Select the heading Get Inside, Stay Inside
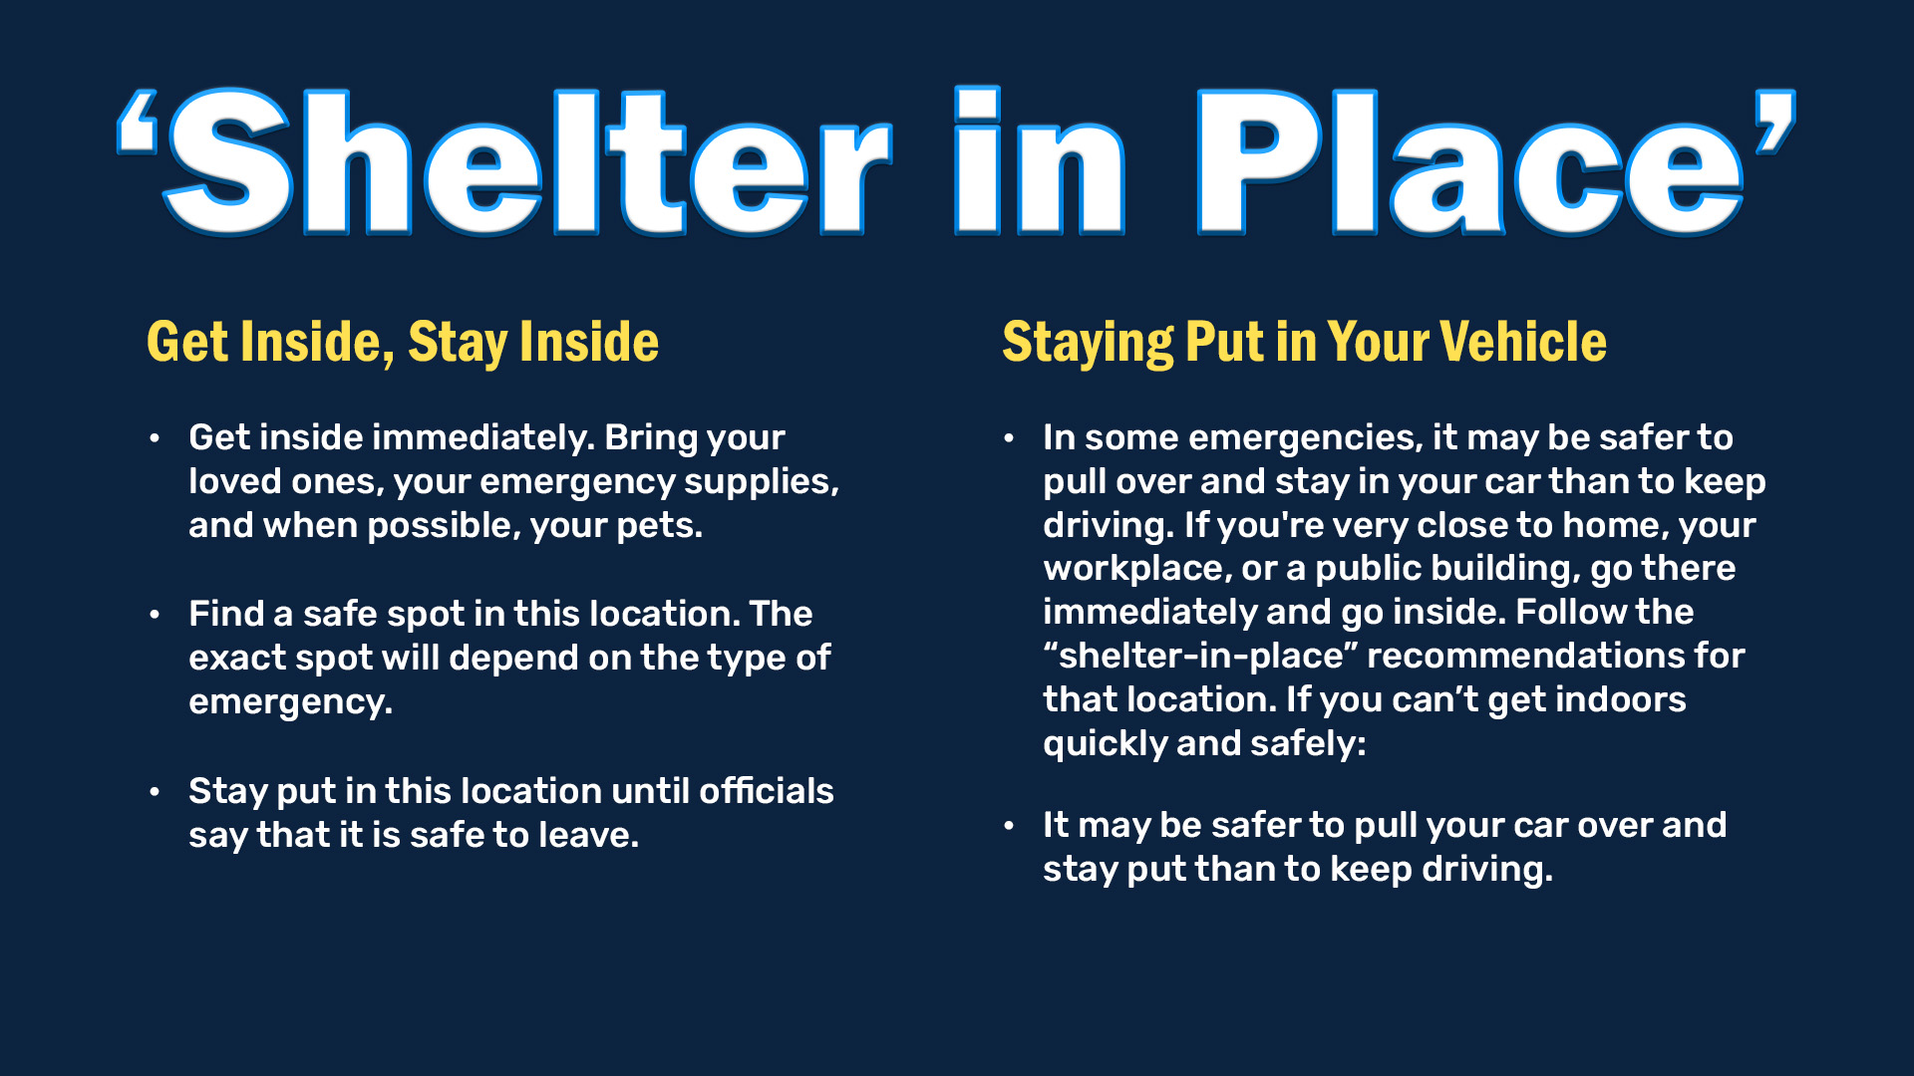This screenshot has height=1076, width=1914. (403, 342)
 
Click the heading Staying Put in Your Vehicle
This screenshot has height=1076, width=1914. (1304, 342)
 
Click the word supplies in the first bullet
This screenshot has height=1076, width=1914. (761, 481)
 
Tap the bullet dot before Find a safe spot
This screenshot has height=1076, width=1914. (155, 615)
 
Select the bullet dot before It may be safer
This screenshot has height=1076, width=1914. (1009, 826)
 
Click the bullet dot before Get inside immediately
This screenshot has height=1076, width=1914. (155, 438)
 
